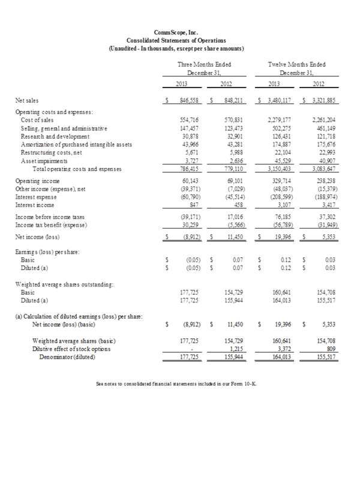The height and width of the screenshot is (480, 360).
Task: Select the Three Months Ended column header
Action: [x=204, y=63]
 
